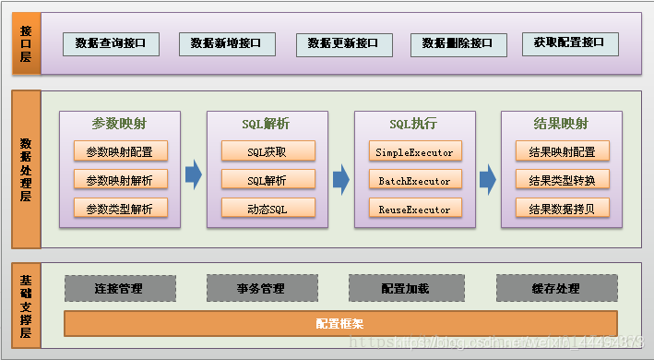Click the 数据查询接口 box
[x=111, y=42]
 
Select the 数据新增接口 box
[x=226, y=42]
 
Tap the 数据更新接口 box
[x=342, y=42]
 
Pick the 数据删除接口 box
[x=458, y=42]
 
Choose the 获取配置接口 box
[x=569, y=42]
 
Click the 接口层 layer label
[x=26, y=42]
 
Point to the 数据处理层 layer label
[x=26, y=169]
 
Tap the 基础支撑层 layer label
[x=26, y=306]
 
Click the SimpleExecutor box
[x=414, y=151]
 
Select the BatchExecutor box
[x=414, y=180]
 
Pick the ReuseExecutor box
[x=414, y=209]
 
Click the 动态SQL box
[x=268, y=209]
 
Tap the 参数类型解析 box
[x=120, y=209]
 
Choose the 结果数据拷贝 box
[x=562, y=209]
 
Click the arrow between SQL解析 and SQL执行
[x=341, y=174]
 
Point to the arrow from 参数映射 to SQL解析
[x=193, y=174]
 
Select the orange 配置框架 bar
[x=339, y=324]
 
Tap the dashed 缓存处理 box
[x=555, y=289]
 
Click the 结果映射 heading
[x=561, y=124]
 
